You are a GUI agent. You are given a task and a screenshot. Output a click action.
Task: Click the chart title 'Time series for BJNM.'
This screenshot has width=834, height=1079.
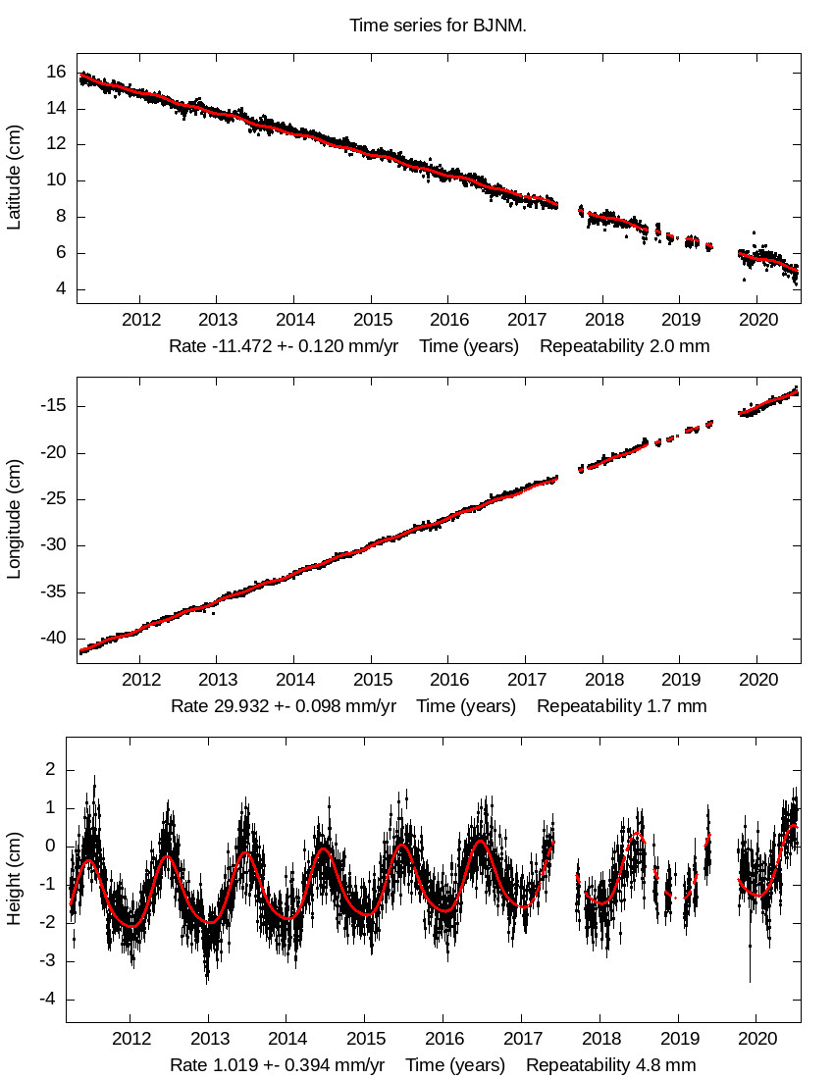click(x=438, y=26)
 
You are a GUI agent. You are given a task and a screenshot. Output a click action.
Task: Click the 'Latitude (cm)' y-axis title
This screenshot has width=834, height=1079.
click(x=14, y=178)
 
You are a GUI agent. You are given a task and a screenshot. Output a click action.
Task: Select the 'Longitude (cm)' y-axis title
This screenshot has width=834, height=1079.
click(x=14, y=520)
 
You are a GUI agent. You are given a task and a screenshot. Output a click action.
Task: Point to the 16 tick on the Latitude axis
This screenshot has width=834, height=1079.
click(x=56, y=72)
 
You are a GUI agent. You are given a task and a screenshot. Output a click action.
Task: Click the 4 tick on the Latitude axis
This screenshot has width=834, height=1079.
click(x=61, y=289)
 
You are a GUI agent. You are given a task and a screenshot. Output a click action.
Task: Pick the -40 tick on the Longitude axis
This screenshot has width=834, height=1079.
click(x=51, y=639)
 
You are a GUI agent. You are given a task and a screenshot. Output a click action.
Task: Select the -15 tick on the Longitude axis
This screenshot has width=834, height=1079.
click(x=51, y=406)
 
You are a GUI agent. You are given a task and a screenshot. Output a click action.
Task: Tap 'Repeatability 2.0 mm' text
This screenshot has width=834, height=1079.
click(x=625, y=346)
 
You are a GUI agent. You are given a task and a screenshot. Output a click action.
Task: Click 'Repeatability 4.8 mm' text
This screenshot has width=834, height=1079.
click(x=611, y=1065)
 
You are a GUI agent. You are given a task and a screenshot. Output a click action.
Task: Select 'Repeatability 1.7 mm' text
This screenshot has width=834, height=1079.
click(x=622, y=706)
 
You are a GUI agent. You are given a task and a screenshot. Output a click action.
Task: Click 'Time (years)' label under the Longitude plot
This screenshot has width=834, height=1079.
click(x=466, y=706)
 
